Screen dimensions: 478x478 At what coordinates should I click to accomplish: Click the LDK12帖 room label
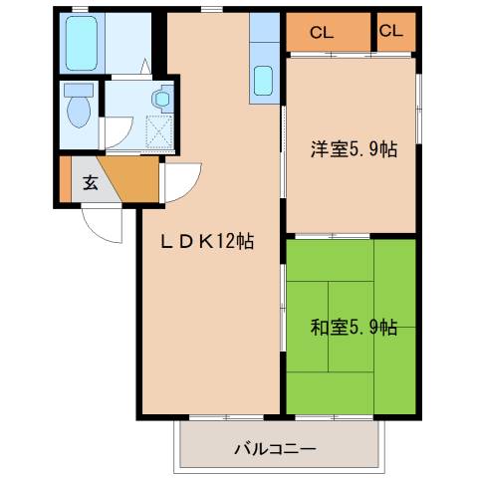tap(207, 242)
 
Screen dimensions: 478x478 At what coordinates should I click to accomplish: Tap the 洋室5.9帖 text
tap(354, 150)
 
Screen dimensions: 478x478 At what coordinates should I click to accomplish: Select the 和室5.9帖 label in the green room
tap(354, 327)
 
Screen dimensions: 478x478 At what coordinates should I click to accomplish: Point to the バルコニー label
tap(275, 449)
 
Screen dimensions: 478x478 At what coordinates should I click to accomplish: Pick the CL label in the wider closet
tap(321, 32)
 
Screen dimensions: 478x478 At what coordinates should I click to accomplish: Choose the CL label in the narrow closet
tap(392, 31)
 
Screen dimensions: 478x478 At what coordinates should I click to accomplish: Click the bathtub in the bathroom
tap(80, 44)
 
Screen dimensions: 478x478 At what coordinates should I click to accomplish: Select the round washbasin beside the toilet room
tap(160, 99)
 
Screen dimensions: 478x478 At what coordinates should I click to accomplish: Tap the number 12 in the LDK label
tap(229, 242)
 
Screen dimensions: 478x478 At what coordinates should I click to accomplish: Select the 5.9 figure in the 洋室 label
tap(366, 150)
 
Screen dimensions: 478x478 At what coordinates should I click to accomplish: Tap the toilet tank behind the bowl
tap(76, 90)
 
